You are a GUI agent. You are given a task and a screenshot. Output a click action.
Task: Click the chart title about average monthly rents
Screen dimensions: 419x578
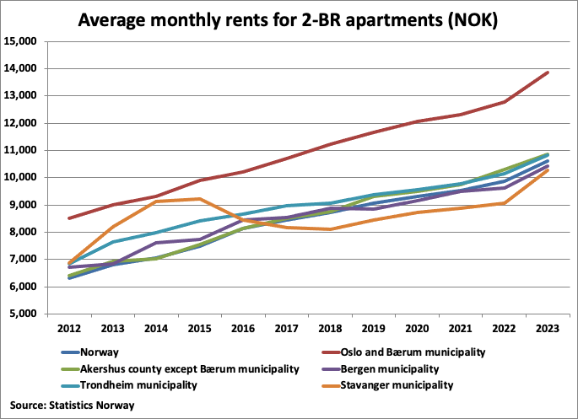(288, 19)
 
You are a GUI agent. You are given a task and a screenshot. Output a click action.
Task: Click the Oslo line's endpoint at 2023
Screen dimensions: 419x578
(548, 73)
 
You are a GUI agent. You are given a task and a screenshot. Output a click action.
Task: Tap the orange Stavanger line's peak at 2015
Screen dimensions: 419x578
(199, 199)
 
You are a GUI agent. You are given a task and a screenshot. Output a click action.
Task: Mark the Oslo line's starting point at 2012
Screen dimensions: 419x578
(70, 218)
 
